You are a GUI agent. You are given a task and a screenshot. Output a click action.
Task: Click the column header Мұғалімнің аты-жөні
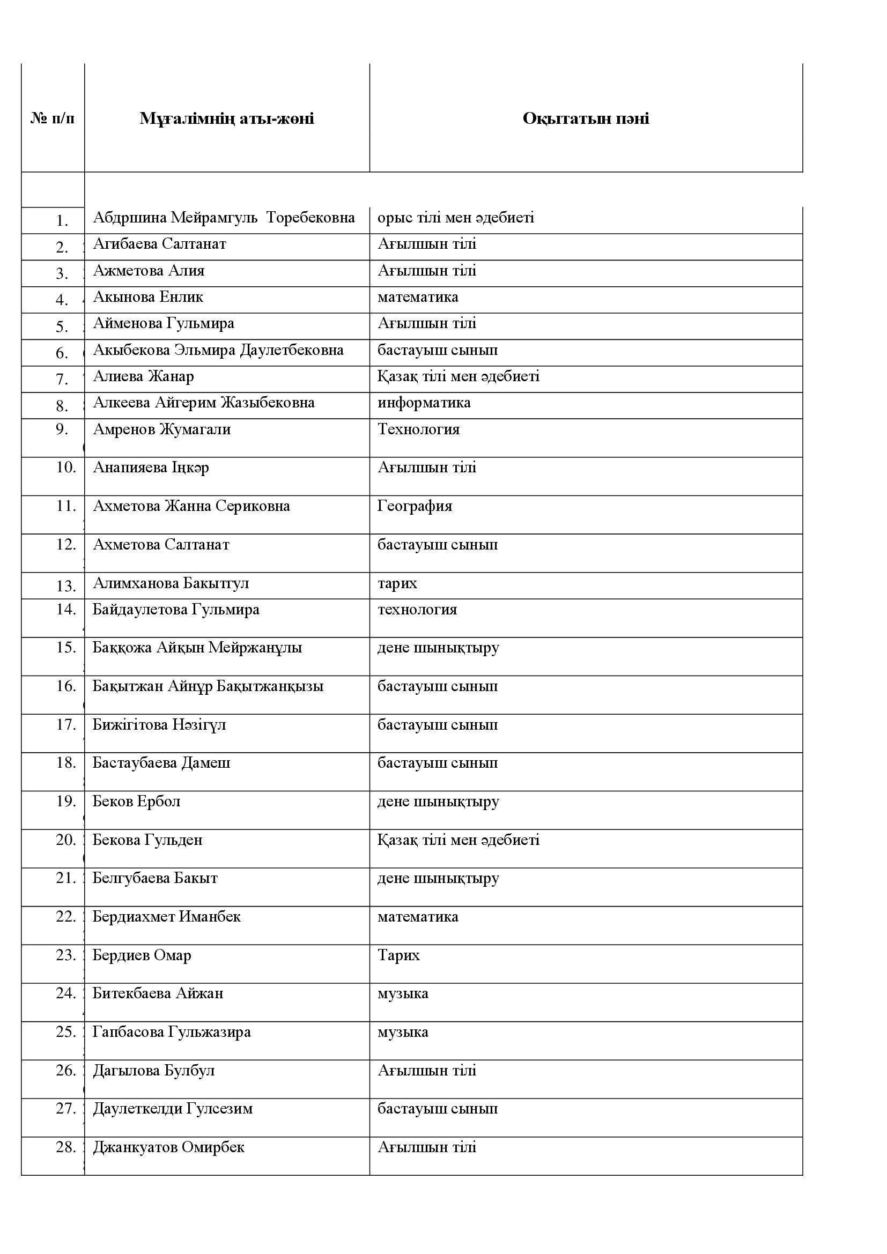coord(227,118)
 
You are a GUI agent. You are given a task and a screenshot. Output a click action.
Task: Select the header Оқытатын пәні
coord(586,118)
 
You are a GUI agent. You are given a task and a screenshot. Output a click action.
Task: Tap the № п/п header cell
coord(53,118)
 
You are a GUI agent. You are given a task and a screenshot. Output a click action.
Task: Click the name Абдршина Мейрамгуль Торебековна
coord(224,217)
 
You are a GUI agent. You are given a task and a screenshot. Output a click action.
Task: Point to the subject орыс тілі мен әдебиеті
coord(455,217)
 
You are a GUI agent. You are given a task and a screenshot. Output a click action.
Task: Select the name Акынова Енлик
coord(148,297)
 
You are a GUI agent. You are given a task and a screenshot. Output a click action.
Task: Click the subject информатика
coord(424,403)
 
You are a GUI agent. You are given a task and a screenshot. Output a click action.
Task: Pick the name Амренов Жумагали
coord(161,429)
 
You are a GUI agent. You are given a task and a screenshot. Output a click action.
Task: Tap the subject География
coord(415,506)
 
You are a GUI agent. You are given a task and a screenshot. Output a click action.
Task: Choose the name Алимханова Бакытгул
coord(171,583)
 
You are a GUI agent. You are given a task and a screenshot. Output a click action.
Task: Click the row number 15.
coord(65,648)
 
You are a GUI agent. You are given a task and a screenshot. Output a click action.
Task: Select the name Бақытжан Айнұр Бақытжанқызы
coord(208,686)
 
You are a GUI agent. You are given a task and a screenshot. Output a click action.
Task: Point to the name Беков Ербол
coord(137,801)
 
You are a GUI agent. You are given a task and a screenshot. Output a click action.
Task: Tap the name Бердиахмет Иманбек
coord(167,916)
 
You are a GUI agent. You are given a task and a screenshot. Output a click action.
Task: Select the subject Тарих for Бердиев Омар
coord(398,955)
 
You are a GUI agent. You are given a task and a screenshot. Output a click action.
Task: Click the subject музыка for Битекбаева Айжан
coord(403,993)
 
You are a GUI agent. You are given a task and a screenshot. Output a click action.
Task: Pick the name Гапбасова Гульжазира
coord(172,1032)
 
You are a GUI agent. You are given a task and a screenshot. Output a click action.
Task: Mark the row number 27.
coord(65,1109)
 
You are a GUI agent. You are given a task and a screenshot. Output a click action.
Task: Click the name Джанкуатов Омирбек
coord(169,1147)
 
